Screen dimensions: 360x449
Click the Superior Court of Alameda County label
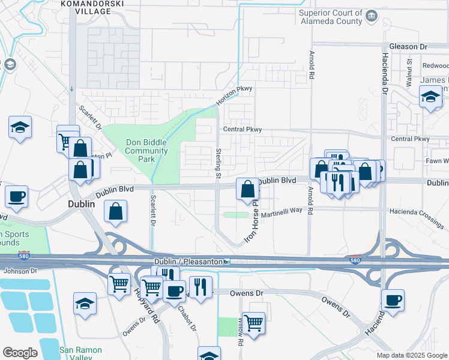331,18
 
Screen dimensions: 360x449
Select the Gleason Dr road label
408,46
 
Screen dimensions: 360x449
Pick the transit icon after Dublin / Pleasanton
227,262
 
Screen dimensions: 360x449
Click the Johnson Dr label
20,271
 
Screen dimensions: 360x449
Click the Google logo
20,353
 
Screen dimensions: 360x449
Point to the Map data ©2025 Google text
411,355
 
